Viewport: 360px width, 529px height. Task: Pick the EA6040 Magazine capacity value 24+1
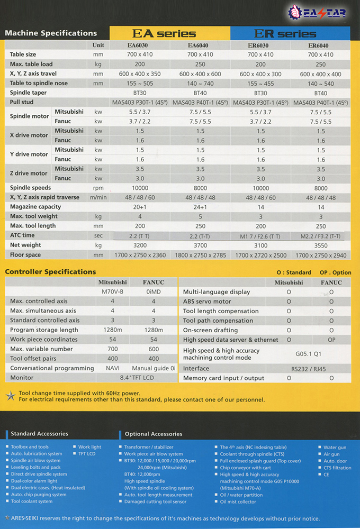pyautogui.click(x=201, y=207)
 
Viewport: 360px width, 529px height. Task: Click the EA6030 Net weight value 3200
pyautogui.click(x=140, y=245)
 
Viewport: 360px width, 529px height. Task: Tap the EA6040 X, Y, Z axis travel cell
pyautogui.click(x=201, y=74)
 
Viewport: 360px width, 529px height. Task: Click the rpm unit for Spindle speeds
pyautogui.click(x=98, y=188)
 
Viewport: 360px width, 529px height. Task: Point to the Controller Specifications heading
pyautogui.click(x=50, y=272)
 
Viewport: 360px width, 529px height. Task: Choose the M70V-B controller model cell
pyautogui.click(x=112, y=291)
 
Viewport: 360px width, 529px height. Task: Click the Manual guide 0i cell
pyautogui.click(x=154, y=368)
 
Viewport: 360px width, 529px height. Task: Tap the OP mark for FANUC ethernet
pyautogui.click(x=331, y=340)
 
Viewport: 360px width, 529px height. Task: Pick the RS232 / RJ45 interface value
pyautogui.click(x=310, y=368)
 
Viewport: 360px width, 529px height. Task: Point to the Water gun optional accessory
pyautogui.click(x=335, y=448)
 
